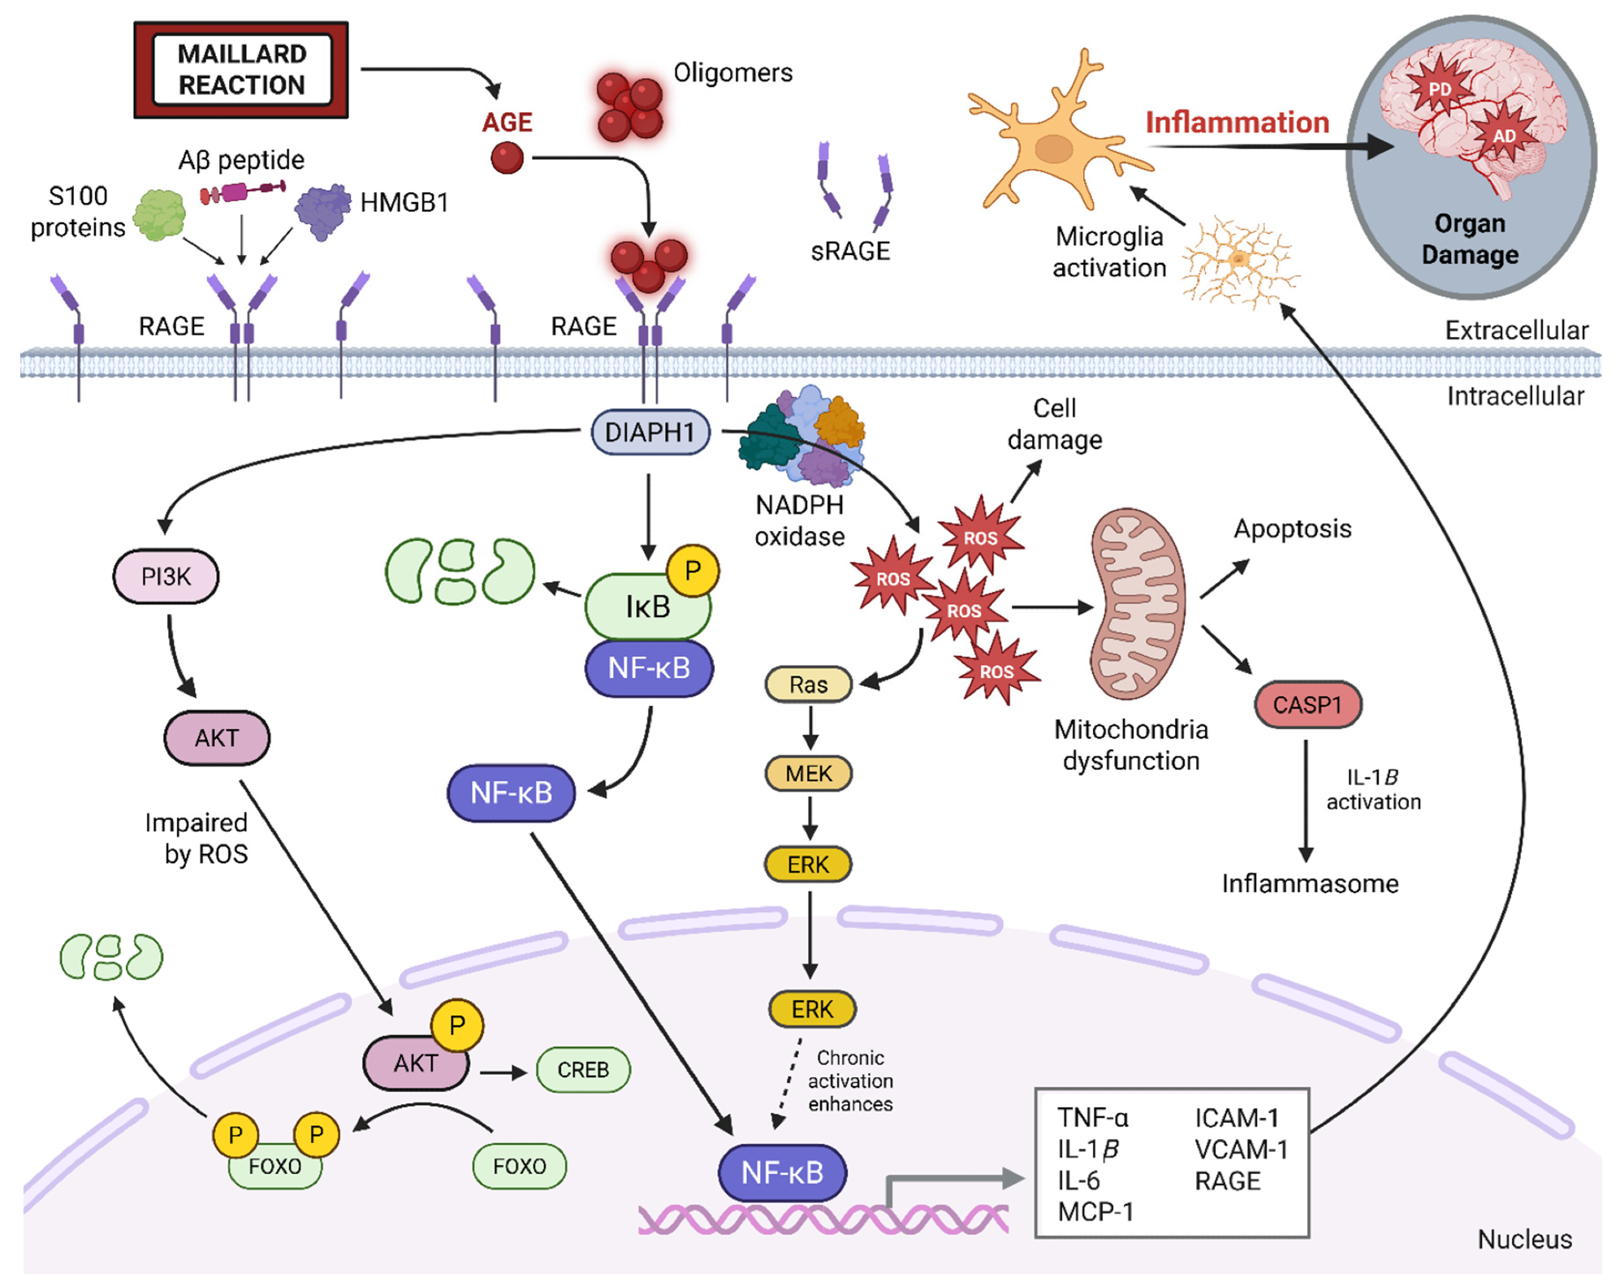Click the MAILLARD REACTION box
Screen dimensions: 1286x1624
pos(241,70)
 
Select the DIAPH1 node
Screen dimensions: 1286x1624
pos(650,432)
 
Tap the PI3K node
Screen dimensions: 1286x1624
pos(166,576)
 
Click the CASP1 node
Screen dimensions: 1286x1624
pos(1307,705)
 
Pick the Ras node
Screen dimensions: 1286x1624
pos(809,684)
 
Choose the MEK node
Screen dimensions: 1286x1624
pos(809,773)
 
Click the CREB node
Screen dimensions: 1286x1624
pos(583,1069)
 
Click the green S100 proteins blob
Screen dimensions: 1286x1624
pos(160,214)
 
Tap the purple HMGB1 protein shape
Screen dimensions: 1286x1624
pos(322,210)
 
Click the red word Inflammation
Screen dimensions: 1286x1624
pos(1237,123)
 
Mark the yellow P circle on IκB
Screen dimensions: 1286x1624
pos(692,571)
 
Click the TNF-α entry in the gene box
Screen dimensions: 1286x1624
pos(1093,1118)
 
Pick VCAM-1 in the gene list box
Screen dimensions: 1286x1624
pos(1241,1150)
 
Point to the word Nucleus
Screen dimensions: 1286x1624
pos(1524,1239)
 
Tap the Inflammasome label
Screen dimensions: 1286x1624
pos(1310,883)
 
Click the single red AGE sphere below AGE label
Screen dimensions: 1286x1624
pos(508,158)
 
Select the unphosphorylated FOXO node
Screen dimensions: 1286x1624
pos(520,1166)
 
